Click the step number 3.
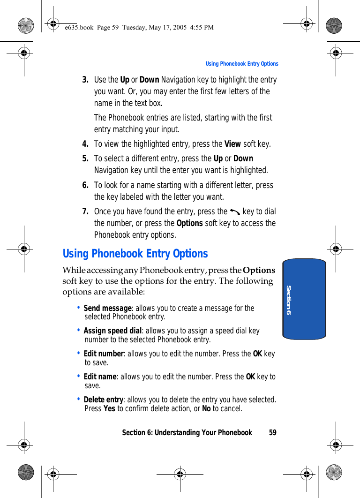click(85, 80)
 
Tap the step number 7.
click(85, 211)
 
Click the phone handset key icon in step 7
click(235, 212)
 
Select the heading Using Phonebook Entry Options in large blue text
click(135, 254)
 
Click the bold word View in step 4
click(232, 144)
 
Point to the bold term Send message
click(107, 308)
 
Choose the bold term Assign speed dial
click(112, 331)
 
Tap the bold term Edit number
click(104, 354)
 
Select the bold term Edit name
click(100, 377)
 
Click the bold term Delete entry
click(103, 400)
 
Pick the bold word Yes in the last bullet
click(109, 408)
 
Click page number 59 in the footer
click(273, 432)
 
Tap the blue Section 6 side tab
click(304, 299)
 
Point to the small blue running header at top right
click(242, 64)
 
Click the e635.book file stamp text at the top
click(139, 27)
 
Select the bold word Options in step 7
click(189, 223)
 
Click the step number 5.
click(85, 158)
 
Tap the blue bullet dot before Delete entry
click(78, 399)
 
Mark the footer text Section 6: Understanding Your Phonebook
click(187, 432)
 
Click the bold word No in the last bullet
click(206, 408)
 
